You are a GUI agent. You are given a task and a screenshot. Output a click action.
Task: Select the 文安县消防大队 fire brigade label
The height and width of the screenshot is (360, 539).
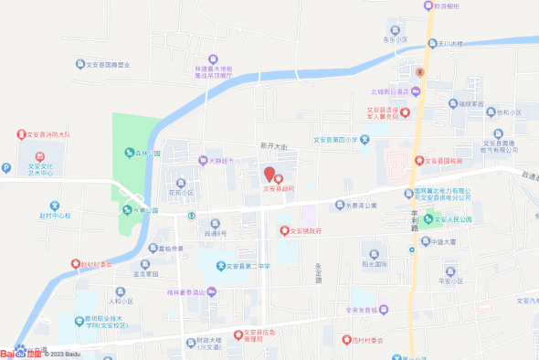tap(49, 134)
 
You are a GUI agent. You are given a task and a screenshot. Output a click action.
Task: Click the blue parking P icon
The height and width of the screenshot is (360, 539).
tap(8, 168)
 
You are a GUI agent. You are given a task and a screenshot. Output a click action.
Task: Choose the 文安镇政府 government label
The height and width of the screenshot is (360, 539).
tap(306, 232)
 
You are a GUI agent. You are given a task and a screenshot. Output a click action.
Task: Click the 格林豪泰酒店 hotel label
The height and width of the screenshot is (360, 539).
tap(188, 292)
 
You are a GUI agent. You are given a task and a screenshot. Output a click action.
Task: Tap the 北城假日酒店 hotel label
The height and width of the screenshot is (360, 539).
tap(389, 91)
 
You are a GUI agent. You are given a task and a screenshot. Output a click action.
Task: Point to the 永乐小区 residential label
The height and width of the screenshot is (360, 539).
tap(395, 40)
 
